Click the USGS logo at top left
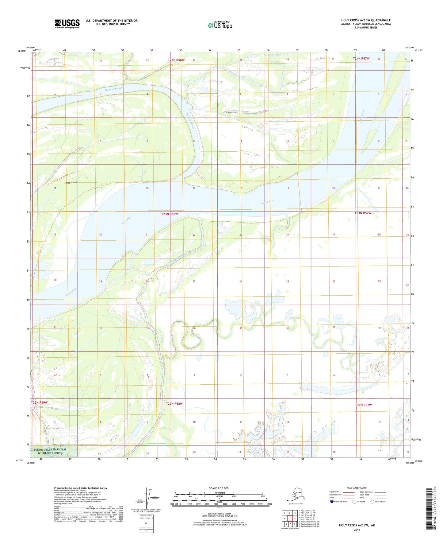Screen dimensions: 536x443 point(67,24)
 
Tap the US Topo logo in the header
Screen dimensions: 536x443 point(220,25)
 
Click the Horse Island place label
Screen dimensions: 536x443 point(71,182)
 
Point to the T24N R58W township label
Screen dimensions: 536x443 point(176,60)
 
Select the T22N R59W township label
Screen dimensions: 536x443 point(39,402)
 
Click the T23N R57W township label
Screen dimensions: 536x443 point(363,213)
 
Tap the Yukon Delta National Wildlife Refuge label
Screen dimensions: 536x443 point(50,451)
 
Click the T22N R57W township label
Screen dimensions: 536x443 point(363,405)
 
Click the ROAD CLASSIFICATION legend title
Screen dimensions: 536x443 point(357,488)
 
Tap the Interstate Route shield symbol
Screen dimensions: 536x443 point(332,502)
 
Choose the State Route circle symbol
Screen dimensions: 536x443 point(372,502)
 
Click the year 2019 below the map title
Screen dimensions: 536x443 point(357,530)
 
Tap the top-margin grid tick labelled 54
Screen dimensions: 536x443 point(210,50)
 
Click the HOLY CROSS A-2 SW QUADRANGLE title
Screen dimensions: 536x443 point(366,20)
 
